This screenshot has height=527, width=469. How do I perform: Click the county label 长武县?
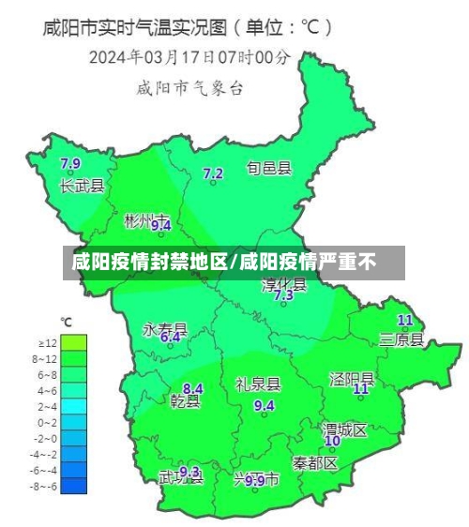pos(83,186)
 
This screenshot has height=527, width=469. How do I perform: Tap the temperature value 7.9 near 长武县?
pos(70,164)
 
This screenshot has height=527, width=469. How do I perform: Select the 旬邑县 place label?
pos(269,169)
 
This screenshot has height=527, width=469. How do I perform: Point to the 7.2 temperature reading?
pos(213,173)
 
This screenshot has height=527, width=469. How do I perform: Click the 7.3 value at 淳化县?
pos(283,294)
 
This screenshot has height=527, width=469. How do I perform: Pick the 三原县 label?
pos(401,339)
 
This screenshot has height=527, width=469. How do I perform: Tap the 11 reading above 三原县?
pos(405,320)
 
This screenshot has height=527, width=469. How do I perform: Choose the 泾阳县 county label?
pos(352,378)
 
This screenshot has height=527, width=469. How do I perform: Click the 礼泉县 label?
pos(258,384)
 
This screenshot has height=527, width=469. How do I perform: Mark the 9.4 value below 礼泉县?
pos(265,405)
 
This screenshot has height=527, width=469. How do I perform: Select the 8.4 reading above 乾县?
pos(192,388)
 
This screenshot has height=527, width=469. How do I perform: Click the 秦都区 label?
pos(314,463)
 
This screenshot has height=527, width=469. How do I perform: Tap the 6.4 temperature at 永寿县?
pos(170,337)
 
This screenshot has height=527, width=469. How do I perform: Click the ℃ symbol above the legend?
pos(67,323)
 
